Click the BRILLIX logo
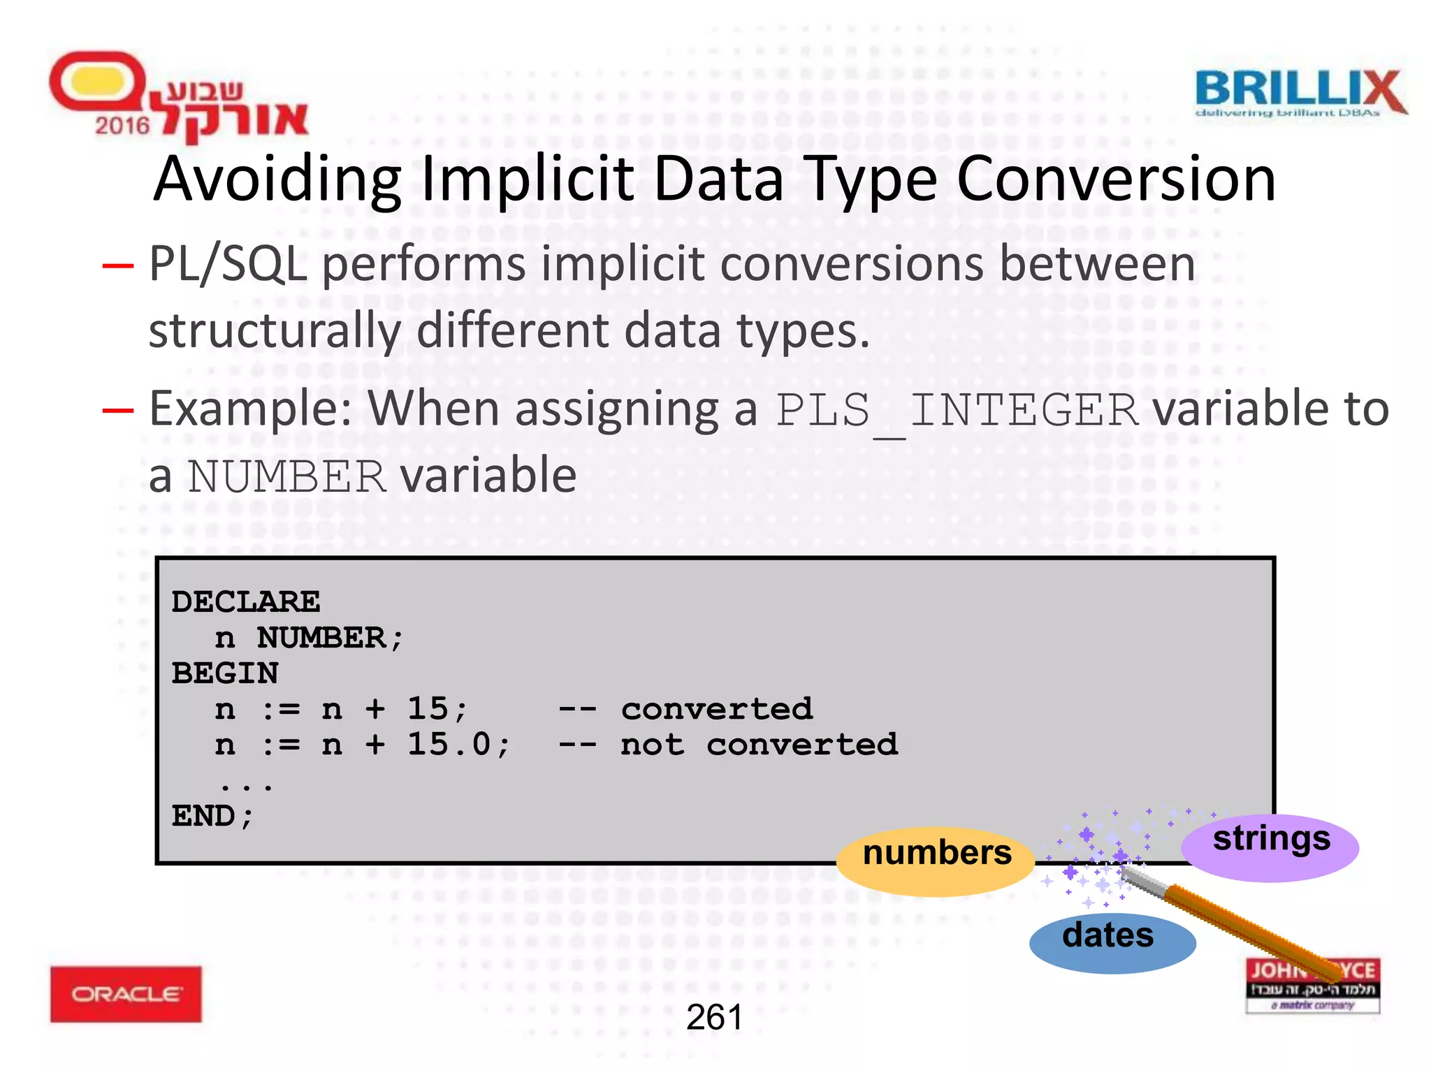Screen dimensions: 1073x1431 pos(1300,93)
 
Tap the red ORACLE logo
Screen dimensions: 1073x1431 pos(126,993)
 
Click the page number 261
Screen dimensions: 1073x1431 pos(714,1017)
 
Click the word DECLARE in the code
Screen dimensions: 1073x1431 pos(246,601)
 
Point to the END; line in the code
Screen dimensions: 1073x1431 pos(212,816)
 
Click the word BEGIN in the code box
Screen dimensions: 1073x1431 pos(225,673)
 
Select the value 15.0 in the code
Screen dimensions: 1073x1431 pos(450,744)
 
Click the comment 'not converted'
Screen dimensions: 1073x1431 pos(759,745)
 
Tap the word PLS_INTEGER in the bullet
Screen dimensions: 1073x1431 pos(957,411)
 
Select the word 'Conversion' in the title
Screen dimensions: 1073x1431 pos(1116,180)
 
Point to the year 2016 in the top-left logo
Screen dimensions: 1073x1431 pos(122,126)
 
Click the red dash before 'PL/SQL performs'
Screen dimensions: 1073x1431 pos(117,265)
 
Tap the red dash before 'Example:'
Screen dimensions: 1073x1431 pos(117,410)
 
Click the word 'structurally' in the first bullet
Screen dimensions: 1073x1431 pos(275,330)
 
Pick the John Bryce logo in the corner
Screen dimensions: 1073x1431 pos(1312,985)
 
